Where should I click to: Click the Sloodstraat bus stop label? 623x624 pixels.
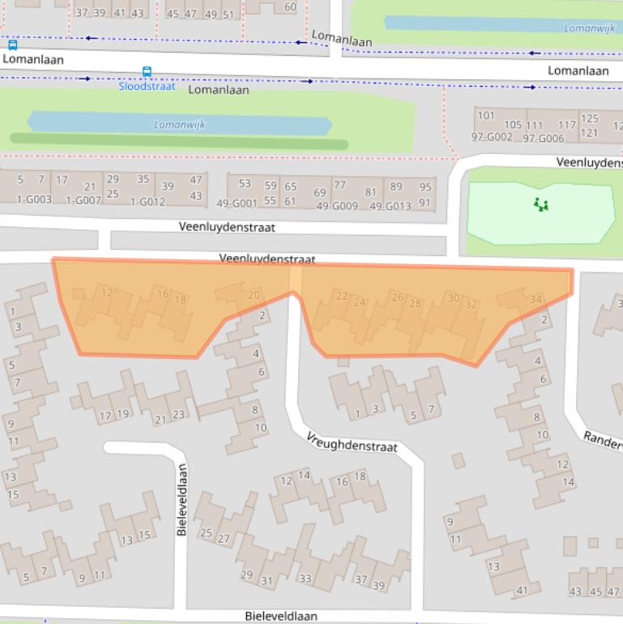[x=147, y=86]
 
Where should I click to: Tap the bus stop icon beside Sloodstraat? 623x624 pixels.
[x=147, y=72]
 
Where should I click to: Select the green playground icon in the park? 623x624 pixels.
[x=541, y=204]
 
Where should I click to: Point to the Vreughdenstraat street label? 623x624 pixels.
[x=352, y=442]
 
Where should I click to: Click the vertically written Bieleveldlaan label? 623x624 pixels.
[x=182, y=499]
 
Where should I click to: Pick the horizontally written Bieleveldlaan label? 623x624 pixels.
[x=281, y=617]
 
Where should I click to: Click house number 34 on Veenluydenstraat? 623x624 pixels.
[x=535, y=300]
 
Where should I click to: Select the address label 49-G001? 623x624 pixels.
[x=237, y=204]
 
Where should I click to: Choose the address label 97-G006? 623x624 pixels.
[x=543, y=139]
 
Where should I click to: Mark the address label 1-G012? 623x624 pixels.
[x=147, y=202]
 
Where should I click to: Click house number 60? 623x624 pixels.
[x=290, y=7]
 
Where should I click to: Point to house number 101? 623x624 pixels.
[x=485, y=115]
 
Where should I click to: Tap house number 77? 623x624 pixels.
[x=339, y=186]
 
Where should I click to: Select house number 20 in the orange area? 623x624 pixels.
[x=253, y=295]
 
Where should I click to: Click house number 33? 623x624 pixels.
[x=305, y=579]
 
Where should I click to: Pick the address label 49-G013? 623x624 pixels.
[x=390, y=206]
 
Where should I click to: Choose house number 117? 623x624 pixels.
[x=566, y=125]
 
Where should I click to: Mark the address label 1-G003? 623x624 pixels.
[x=34, y=199]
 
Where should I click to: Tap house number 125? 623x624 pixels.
[x=590, y=119]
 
